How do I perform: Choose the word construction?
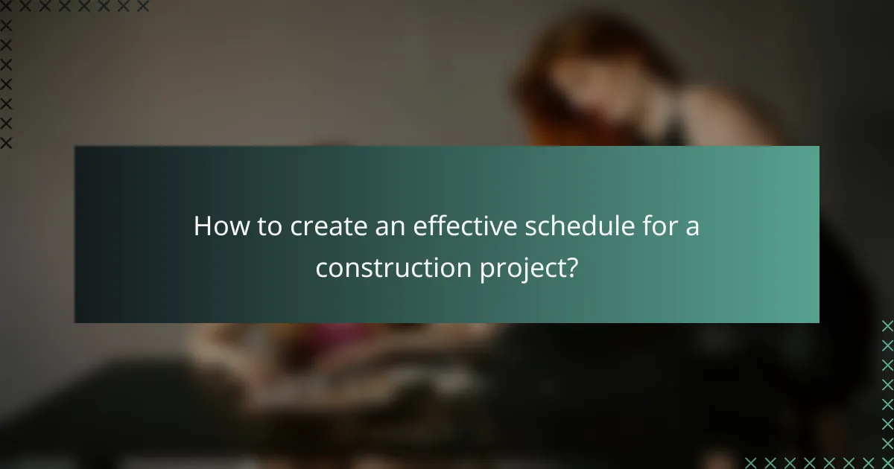pyautogui.click(x=393, y=267)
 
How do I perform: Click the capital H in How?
pyautogui.click(x=202, y=227)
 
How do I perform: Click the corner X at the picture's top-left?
pyautogui.click(x=6, y=7)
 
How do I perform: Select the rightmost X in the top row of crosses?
pyautogui.click(x=143, y=7)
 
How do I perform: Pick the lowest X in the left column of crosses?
pyautogui.click(x=6, y=142)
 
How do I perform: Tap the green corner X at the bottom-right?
pyautogui.click(x=887, y=462)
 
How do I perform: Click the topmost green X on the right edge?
pyautogui.click(x=887, y=325)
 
